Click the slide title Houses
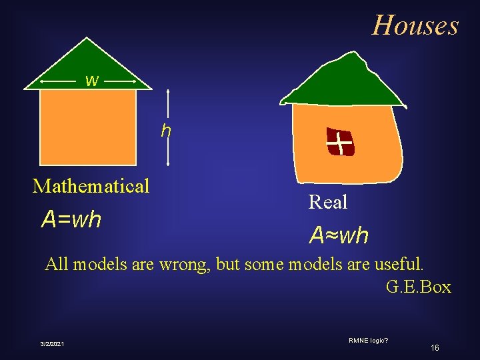(x=415, y=25)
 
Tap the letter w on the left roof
(x=92, y=81)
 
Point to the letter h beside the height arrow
(x=166, y=131)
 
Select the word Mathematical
(x=91, y=185)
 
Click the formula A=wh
(x=71, y=219)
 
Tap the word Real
(x=328, y=201)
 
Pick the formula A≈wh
(x=338, y=235)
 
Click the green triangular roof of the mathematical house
(x=87, y=63)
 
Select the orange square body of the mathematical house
(x=88, y=127)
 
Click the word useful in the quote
(x=397, y=264)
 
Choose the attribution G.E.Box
(x=418, y=287)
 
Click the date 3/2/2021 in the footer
(x=51, y=343)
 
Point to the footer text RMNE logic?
(x=369, y=341)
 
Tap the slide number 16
(x=435, y=347)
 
